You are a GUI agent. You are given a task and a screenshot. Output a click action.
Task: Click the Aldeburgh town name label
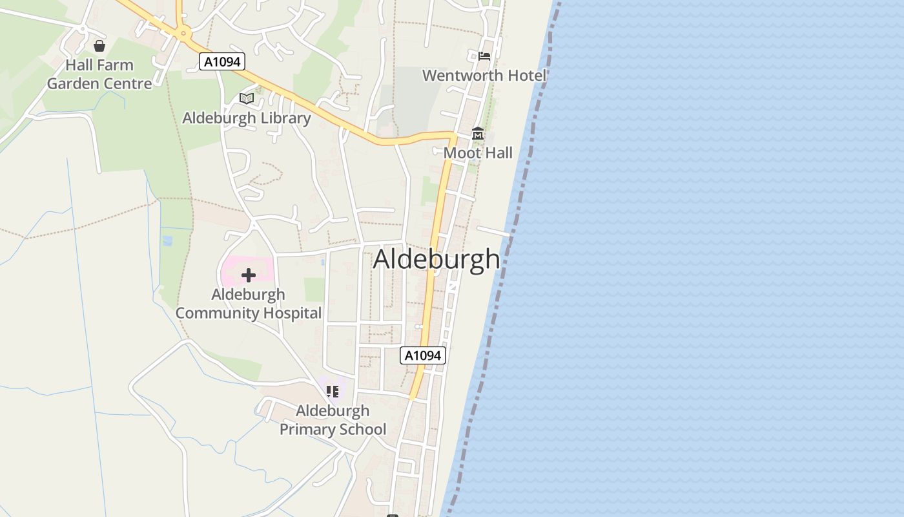[x=437, y=260]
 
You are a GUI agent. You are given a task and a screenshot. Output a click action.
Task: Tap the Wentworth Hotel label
[x=484, y=76]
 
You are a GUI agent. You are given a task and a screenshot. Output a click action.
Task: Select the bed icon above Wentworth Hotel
[x=484, y=56]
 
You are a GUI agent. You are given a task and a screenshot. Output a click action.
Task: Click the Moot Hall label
[x=478, y=153]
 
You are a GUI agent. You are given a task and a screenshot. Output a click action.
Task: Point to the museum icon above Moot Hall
[x=478, y=134]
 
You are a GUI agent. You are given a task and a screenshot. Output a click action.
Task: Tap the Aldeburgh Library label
[x=246, y=118]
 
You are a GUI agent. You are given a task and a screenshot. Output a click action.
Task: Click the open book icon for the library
[x=246, y=98]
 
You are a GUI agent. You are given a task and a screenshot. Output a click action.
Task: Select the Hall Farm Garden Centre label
[x=99, y=74]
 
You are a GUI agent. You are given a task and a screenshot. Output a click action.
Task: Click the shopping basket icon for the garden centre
[x=99, y=46]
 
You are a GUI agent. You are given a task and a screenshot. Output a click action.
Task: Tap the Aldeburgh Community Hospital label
[x=249, y=304]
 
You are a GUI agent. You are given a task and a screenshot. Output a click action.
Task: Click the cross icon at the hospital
[x=249, y=276]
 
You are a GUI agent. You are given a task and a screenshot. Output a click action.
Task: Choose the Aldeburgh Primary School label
[x=333, y=420]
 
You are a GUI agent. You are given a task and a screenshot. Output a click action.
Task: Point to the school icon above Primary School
[x=333, y=392]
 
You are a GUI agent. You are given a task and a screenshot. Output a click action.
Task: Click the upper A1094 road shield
[x=222, y=62]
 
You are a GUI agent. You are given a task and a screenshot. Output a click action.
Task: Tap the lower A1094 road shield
[x=423, y=355]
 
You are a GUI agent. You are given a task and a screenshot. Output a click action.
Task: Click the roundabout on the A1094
[x=183, y=33]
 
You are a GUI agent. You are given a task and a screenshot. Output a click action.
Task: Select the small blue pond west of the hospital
[x=168, y=241]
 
